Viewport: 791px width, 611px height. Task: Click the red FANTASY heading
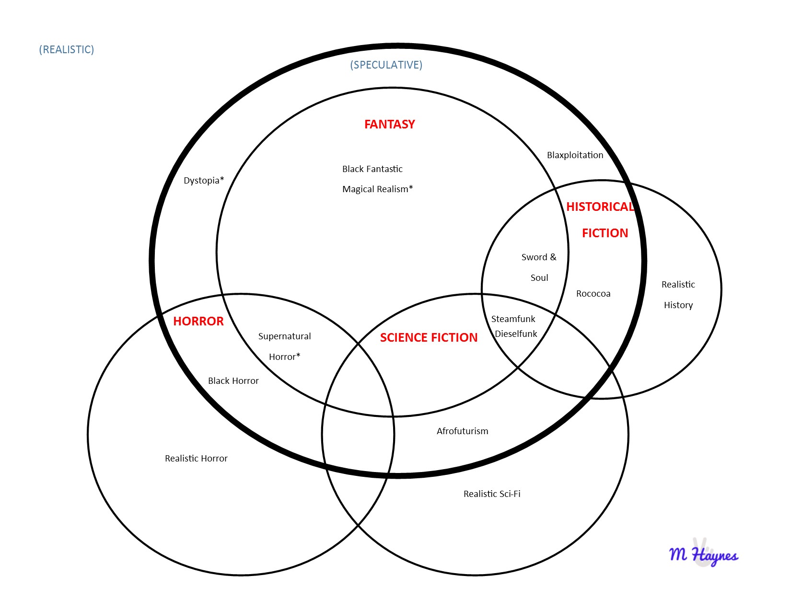pyautogui.click(x=389, y=125)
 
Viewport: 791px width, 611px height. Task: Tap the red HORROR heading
pyautogui.click(x=198, y=321)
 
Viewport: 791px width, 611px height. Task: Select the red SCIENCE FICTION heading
pyautogui.click(x=429, y=337)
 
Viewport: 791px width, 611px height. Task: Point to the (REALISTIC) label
pyautogui.click(x=67, y=50)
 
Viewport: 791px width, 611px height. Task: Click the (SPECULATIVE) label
pyautogui.click(x=386, y=65)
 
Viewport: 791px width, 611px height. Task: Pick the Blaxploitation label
pyautogui.click(x=575, y=155)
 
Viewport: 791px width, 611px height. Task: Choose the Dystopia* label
pyautogui.click(x=204, y=181)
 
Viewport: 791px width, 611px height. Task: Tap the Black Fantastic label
pyautogui.click(x=372, y=169)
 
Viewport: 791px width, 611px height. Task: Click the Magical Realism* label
pyautogui.click(x=377, y=189)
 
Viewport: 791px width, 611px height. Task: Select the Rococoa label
pyautogui.click(x=593, y=294)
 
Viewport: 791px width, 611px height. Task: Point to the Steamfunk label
pyautogui.click(x=513, y=319)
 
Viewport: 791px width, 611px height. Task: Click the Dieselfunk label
pyautogui.click(x=516, y=334)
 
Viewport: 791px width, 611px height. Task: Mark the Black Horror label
pyautogui.click(x=233, y=381)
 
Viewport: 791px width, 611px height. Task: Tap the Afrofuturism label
pyautogui.click(x=462, y=431)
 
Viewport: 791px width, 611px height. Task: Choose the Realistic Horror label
pyautogui.click(x=196, y=459)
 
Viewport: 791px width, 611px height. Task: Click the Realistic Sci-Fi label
pyautogui.click(x=492, y=494)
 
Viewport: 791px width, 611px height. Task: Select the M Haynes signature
pyautogui.click(x=703, y=555)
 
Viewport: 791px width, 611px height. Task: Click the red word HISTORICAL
pyautogui.click(x=600, y=207)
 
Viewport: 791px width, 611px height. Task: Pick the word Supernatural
pyautogui.click(x=284, y=336)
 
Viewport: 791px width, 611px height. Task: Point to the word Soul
pyautogui.click(x=539, y=278)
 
